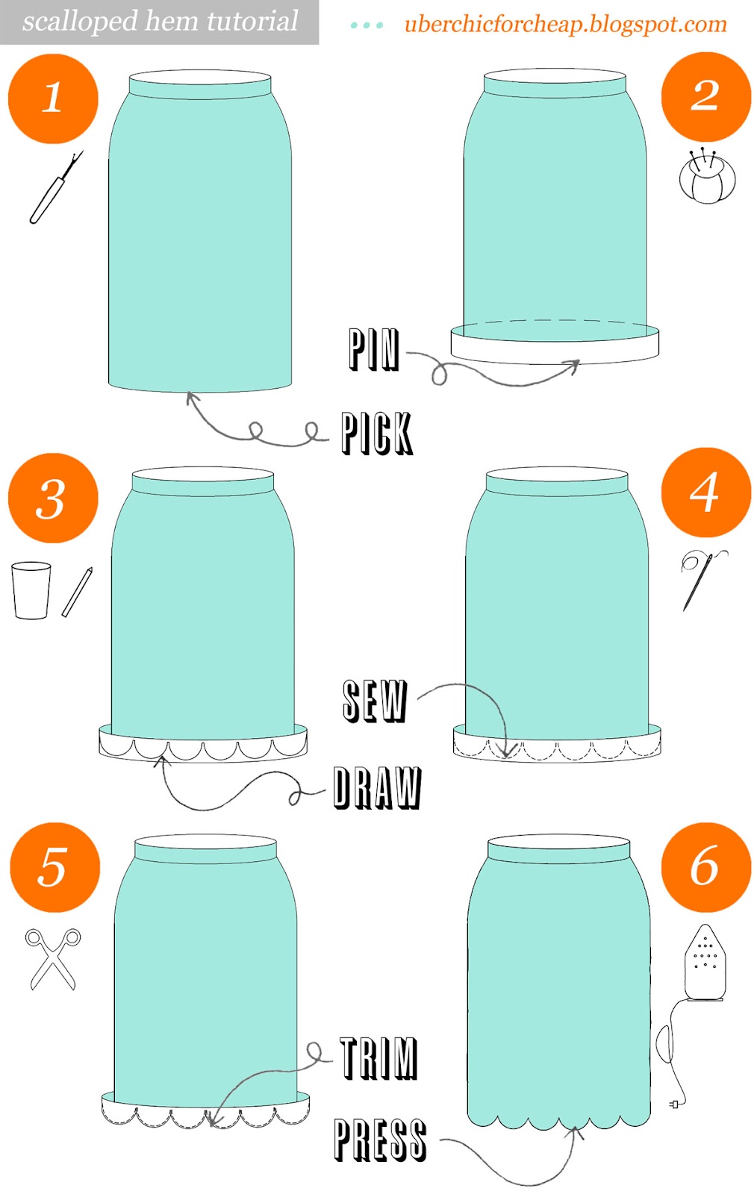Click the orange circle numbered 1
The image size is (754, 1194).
(x=53, y=99)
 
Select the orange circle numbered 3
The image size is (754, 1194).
(x=53, y=498)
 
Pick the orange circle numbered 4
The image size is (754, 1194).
(x=705, y=493)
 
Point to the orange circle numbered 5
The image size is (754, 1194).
(x=54, y=867)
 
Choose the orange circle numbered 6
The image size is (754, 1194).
(x=705, y=867)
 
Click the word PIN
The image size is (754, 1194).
(x=374, y=349)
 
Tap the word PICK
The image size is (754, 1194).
(x=377, y=433)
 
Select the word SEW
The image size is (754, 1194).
(x=375, y=701)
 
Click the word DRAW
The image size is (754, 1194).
(x=377, y=787)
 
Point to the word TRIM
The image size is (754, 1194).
(x=378, y=1058)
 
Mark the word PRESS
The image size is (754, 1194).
(x=380, y=1140)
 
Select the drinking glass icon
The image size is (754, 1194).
(x=31, y=590)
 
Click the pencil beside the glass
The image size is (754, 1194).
(x=77, y=592)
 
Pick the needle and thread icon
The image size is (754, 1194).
(x=700, y=578)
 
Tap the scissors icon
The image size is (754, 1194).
(x=53, y=959)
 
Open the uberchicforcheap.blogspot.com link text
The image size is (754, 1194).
(x=565, y=24)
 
